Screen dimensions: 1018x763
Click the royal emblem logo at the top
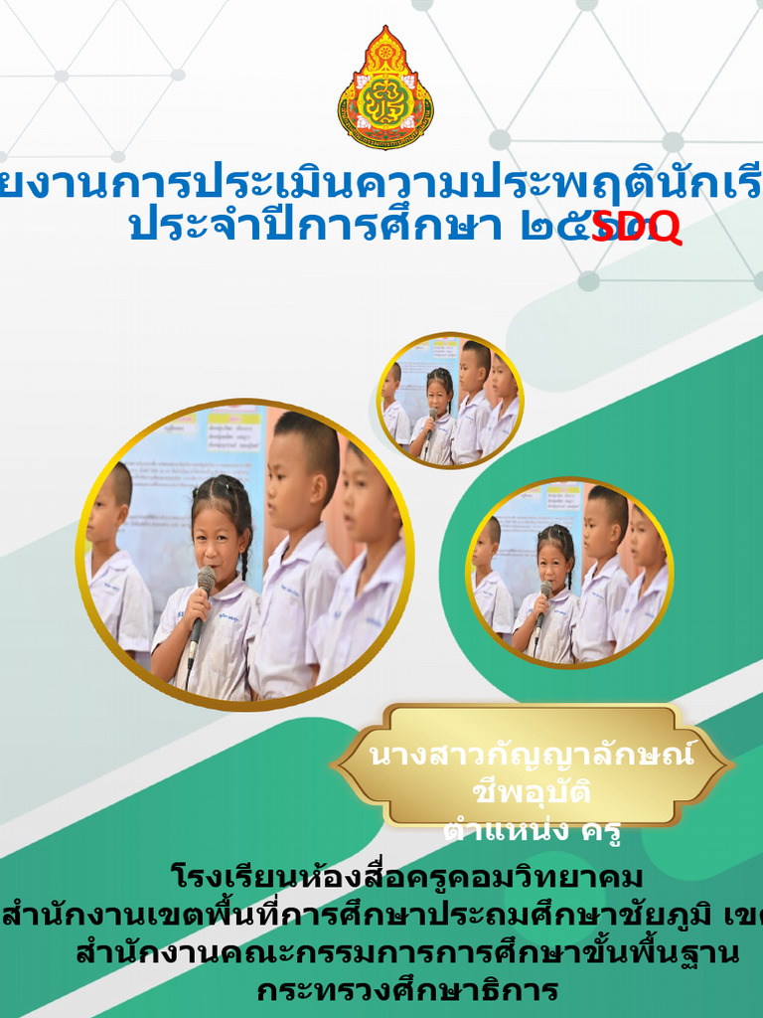pos(385,87)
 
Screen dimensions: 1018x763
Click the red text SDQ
pos(636,228)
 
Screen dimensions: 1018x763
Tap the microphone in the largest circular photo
pos(204,587)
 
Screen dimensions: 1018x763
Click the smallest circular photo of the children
pos(450,400)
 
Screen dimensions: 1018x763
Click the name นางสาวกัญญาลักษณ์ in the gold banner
pos(533,756)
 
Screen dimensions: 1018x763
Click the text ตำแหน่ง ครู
pos(533,830)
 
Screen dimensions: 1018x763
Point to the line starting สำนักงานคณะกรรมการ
pos(407,953)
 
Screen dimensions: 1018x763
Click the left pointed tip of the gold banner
pos(335,765)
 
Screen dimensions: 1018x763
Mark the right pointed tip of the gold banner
pos(730,765)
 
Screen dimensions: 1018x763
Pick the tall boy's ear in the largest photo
pos(320,488)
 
